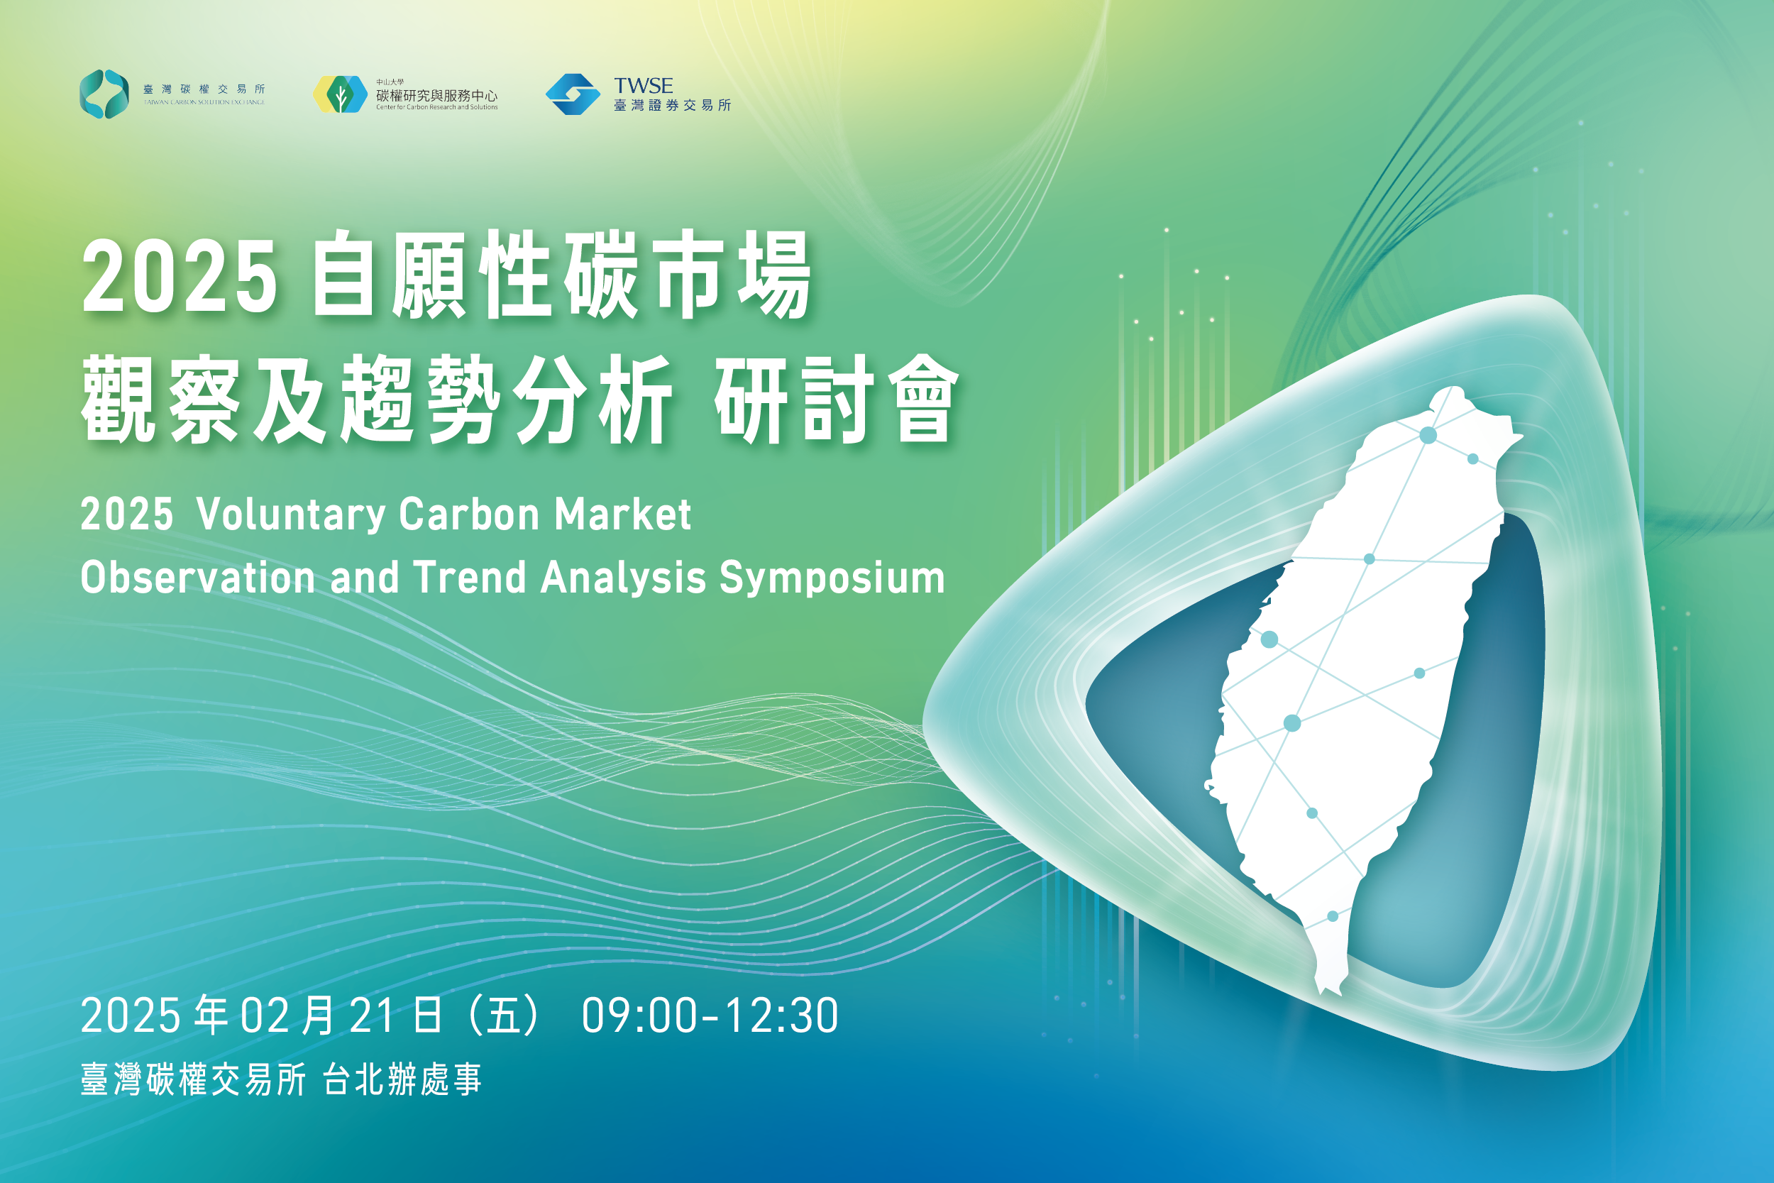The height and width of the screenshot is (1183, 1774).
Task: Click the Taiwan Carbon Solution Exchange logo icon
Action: [x=104, y=94]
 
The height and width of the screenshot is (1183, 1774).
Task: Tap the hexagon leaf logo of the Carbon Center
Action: [x=340, y=94]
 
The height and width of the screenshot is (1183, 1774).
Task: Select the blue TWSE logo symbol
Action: [x=573, y=94]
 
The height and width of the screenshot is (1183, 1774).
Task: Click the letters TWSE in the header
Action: [x=644, y=85]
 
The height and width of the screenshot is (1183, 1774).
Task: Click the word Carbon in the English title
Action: [x=470, y=514]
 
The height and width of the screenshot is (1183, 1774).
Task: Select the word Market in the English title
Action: [x=623, y=514]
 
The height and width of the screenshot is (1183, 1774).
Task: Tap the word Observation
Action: [x=197, y=577]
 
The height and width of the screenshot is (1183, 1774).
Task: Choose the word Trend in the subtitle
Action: [x=469, y=577]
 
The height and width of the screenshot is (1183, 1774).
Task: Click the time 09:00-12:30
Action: [x=710, y=1016]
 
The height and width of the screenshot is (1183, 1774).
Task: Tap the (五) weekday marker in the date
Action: [x=504, y=1016]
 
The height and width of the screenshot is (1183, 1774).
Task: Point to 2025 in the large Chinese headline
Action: [x=180, y=277]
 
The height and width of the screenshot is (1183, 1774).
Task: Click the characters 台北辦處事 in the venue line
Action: [x=402, y=1079]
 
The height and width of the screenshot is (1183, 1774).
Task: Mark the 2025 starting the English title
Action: [x=127, y=515]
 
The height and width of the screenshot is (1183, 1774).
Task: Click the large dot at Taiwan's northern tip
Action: [x=1428, y=435]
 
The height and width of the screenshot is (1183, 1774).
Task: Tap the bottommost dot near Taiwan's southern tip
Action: [x=1333, y=916]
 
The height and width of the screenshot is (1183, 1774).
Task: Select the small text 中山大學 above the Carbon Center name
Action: [x=390, y=82]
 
